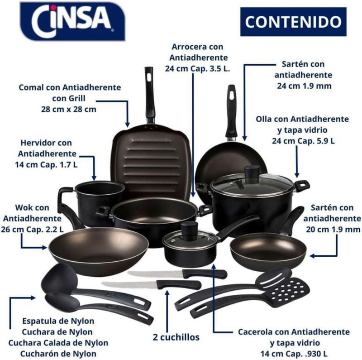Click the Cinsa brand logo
72,21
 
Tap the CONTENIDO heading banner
293,22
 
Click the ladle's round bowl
59,277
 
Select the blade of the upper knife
155,274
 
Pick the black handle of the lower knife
179,284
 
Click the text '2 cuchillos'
176,337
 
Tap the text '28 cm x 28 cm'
69,109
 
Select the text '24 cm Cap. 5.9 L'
303,141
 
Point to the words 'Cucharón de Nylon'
58,354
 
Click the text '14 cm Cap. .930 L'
294,354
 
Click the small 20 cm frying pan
268,245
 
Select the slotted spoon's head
274,277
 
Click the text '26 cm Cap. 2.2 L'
32,230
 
